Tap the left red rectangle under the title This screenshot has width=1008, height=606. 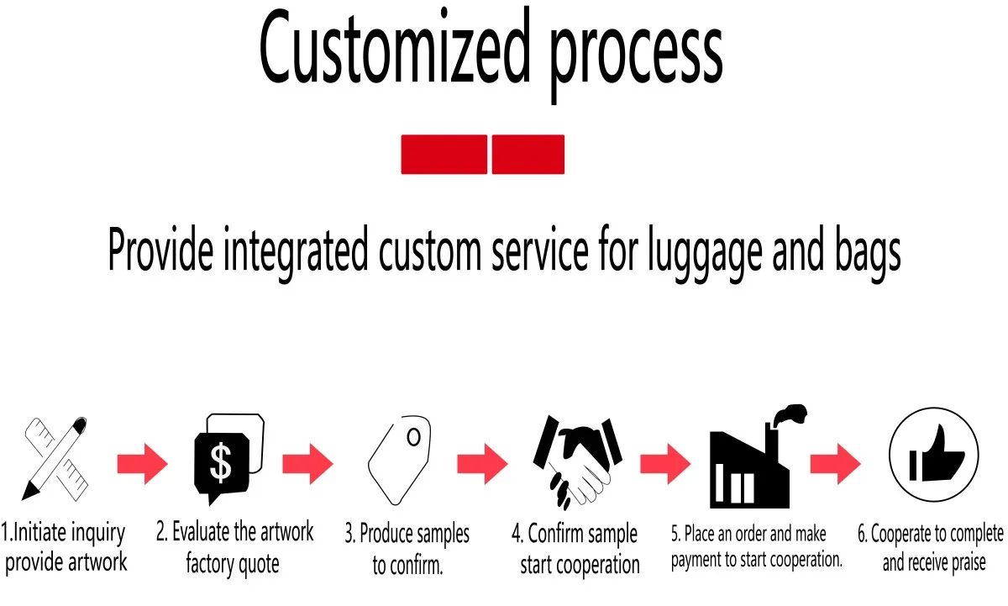[x=444, y=155]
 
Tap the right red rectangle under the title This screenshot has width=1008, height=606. [x=528, y=155]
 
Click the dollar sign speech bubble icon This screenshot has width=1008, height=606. [x=226, y=459]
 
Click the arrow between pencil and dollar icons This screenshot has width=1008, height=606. [x=142, y=463]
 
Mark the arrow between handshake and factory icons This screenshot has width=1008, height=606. [x=665, y=463]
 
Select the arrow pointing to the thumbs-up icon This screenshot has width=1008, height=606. [x=836, y=463]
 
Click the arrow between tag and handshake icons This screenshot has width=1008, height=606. [x=482, y=463]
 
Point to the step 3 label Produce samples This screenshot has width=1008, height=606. [x=407, y=535]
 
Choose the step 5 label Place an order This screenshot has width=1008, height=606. [x=748, y=535]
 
